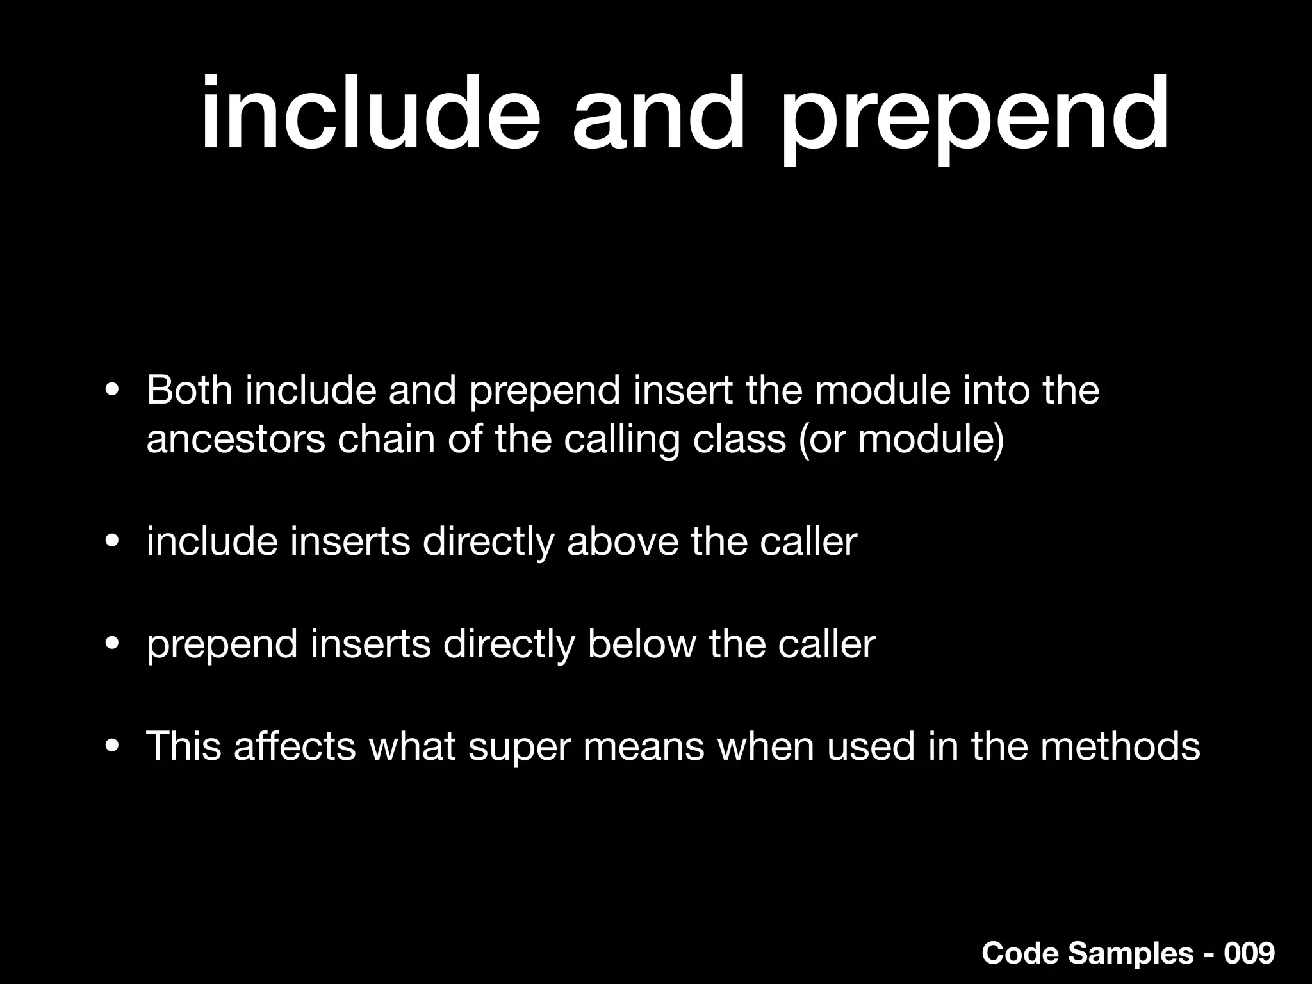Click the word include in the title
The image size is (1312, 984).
click(370, 115)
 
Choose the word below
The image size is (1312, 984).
click(641, 644)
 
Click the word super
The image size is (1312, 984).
click(519, 748)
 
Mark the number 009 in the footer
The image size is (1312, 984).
click(1249, 953)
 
